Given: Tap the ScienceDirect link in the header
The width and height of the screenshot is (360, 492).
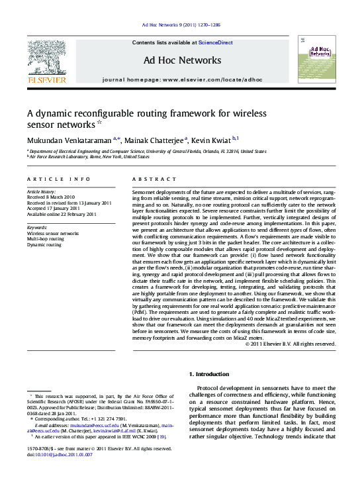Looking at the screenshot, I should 216,42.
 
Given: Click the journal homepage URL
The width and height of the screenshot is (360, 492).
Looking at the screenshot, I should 212,79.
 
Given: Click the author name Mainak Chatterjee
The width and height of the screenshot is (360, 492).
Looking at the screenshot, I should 156,140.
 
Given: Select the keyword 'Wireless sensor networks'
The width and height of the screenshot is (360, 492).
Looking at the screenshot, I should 52,234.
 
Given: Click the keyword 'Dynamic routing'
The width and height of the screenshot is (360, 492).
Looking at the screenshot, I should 44,245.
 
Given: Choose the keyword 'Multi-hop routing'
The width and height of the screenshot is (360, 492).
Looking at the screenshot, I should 46,239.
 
